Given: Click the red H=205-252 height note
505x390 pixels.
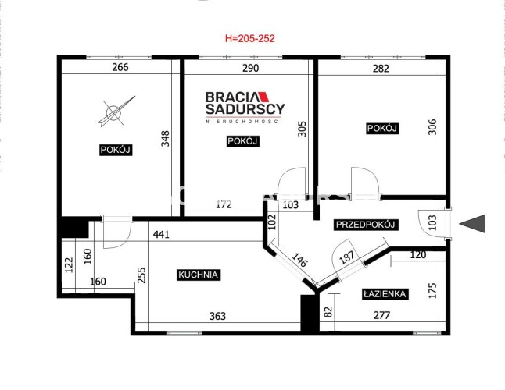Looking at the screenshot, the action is [249, 38].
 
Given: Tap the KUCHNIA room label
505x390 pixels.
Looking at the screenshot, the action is [199, 275].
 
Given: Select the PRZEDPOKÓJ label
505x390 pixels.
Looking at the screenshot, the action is [366, 225].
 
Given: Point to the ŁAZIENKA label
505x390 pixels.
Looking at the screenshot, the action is [385, 294].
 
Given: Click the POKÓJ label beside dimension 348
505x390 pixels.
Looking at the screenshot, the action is [115, 150].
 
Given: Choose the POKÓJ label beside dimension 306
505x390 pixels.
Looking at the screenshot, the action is [382, 129].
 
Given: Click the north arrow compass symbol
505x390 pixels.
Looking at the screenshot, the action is [116, 112].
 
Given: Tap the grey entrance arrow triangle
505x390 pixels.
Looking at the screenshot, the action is [473, 224].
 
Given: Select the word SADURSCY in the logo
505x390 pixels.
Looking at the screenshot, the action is [245, 109].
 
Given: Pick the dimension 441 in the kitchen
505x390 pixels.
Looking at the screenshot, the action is [161, 235].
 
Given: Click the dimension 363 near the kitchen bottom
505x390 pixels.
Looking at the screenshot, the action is [218, 316].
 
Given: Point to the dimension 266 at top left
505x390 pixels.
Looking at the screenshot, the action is [120, 67].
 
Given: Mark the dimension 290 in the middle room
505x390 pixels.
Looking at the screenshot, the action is [250, 68].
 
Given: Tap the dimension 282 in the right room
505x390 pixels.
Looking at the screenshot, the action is [381, 69].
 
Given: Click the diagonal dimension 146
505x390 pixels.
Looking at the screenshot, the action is [299, 260].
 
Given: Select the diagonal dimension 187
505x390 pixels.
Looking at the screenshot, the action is [346, 257].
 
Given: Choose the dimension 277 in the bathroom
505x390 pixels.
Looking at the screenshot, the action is [382, 315].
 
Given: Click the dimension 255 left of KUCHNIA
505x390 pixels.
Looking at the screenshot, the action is [141, 275].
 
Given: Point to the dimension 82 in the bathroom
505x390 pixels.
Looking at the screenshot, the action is [328, 312].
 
